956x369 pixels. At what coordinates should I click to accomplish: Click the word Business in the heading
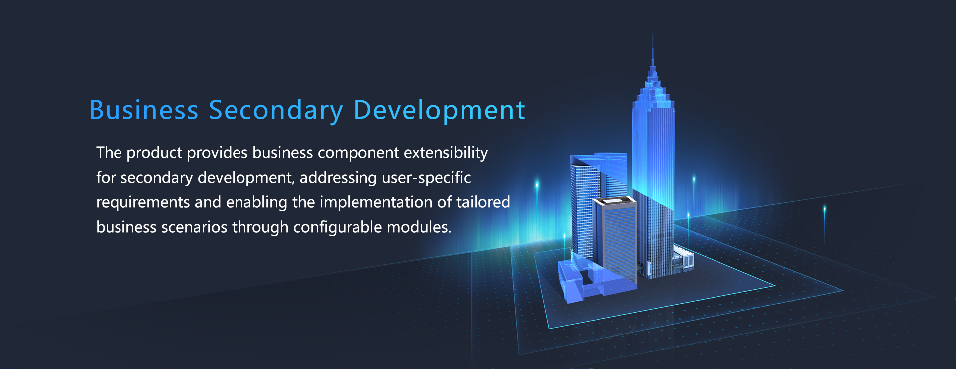coord(144,110)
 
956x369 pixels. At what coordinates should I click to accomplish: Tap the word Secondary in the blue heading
coord(276,111)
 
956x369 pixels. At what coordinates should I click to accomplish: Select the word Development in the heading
coord(439,111)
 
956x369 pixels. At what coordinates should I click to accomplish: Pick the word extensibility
coord(446,153)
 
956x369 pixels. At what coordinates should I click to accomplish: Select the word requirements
coord(143,203)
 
